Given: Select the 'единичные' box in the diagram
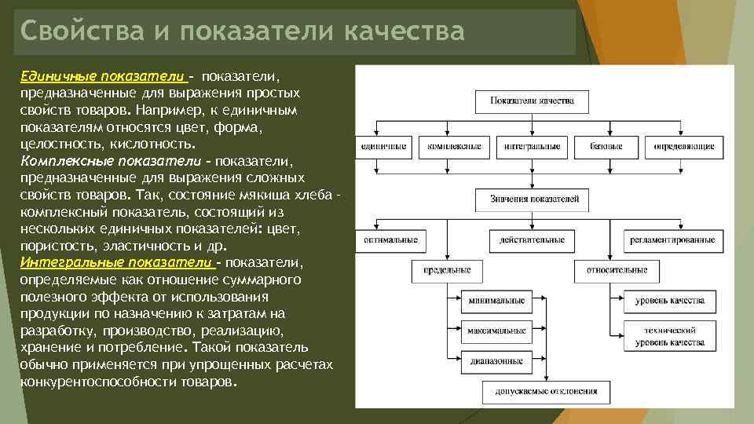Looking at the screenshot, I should (383, 146).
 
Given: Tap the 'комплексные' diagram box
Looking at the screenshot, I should (455, 146).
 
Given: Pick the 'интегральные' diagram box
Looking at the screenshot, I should (533, 146).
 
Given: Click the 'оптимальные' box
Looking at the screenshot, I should (390, 239).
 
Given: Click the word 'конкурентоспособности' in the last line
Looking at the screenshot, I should (85, 382).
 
